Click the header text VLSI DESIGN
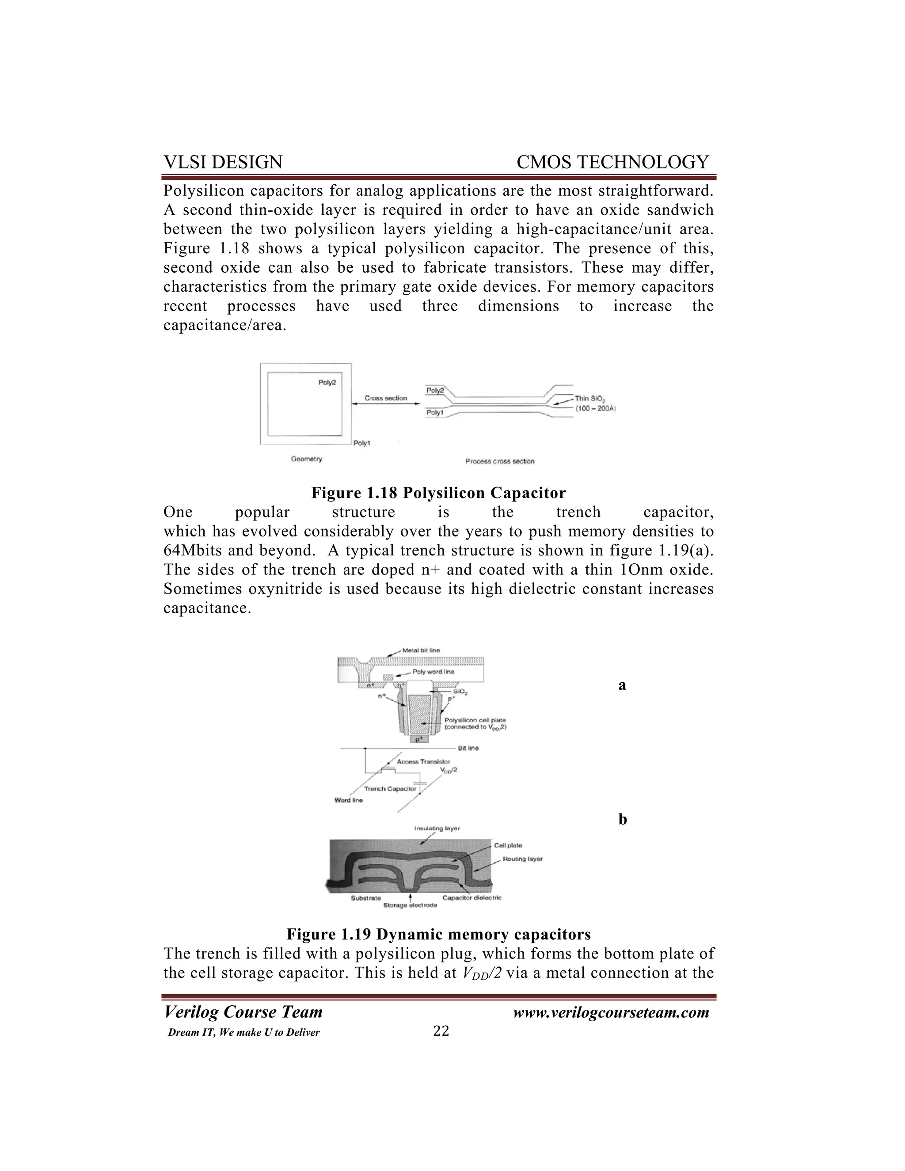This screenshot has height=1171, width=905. (x=223, y=162)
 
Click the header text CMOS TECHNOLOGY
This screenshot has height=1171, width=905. (x=612, y=162)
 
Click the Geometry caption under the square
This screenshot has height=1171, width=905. (x=306, y=459)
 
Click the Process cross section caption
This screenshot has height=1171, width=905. (x=499, y=461)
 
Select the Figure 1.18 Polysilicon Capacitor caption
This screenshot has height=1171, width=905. (x=438, y=492)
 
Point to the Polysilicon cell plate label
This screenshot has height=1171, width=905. (x=475, y=720)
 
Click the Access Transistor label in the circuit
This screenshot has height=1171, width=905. (x=423, y=761)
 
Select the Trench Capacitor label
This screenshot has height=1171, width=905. (x=390, y=789)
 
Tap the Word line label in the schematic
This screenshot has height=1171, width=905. (x=349, y=800)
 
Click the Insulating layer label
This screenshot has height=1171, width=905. (x=437, y=829)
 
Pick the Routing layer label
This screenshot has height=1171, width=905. (x=522, y=859)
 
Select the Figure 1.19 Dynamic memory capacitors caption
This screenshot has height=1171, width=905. (x=438, y=934)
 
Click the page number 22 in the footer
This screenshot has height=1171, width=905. (x=441, y=1030)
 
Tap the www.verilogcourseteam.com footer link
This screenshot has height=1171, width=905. (x=611, y=1012)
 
